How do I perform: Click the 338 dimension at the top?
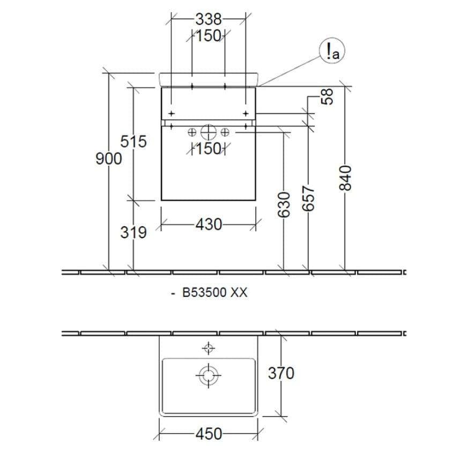(209, 20)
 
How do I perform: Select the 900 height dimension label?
(109, 159)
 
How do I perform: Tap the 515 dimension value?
(134, 142)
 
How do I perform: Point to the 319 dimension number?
(134, 232)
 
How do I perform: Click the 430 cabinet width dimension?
(209, 225)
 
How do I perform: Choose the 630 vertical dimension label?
(284, 204)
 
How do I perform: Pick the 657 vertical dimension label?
(308, 198)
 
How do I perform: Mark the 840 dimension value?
(345, 178)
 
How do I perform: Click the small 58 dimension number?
(327, 97)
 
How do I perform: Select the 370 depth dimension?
(281, 373)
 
